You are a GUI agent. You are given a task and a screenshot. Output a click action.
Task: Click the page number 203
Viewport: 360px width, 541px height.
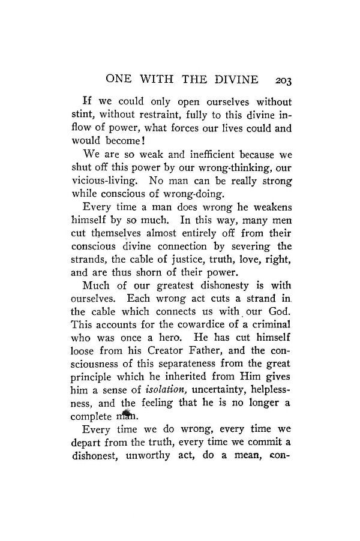point(281,79)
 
